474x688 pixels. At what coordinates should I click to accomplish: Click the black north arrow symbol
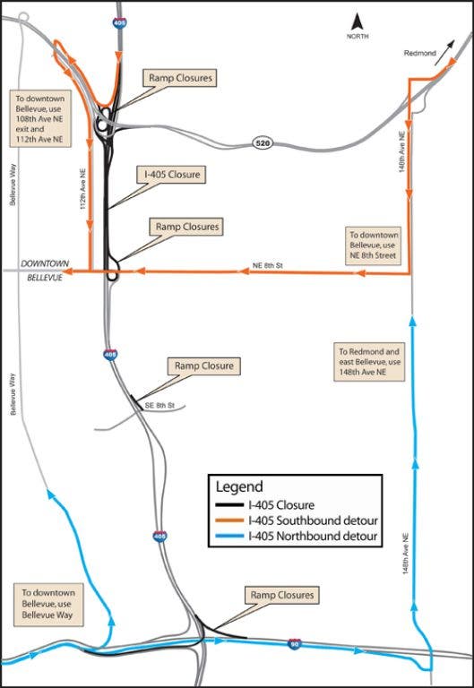point(357,21)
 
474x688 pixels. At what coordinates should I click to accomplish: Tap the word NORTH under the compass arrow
point(358,37)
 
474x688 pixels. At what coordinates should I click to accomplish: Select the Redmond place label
point(420,53)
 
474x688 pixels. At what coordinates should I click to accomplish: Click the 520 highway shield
point(263,142)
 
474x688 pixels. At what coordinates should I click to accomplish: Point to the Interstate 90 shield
point(295,644)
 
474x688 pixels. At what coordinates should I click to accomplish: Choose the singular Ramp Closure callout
point(204,365)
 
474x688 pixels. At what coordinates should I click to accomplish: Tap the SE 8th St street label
point(159,406)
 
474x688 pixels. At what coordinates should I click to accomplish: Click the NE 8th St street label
point(268,266)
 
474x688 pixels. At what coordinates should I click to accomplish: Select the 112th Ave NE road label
point(83,189)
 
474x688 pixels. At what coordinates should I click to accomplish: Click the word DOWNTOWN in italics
point(45,263)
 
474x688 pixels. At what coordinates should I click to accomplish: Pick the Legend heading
point(239,486)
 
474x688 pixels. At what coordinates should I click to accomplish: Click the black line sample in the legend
point(229,505)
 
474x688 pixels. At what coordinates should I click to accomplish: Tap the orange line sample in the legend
point(229,520)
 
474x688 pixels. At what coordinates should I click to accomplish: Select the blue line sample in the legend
point(229,536)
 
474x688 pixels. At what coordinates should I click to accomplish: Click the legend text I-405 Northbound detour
point(313,536)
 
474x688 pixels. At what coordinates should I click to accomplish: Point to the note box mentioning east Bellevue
point(369,362)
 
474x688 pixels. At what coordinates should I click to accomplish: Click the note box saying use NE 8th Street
point(373,245)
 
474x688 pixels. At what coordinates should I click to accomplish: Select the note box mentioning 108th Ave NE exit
point(40,119)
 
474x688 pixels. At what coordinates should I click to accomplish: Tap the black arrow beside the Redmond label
point(444,53)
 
